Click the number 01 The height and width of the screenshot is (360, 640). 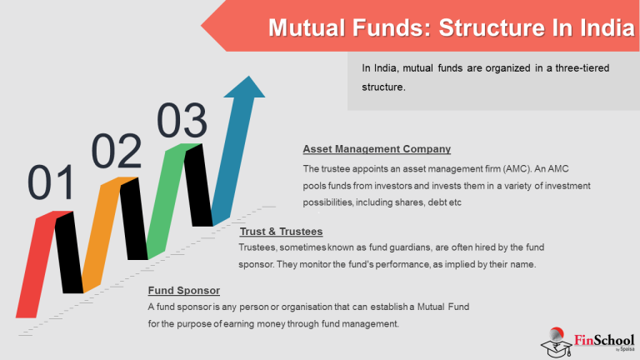pyautogui.click(x=52, y=183)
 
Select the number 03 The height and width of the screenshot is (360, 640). pyautogui.click(x=182, y=122)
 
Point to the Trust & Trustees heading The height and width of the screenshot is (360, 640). pyautogui.click(x=281, y=231)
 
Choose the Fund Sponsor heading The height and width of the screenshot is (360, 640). pyautogui.click(x=184, y=291)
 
